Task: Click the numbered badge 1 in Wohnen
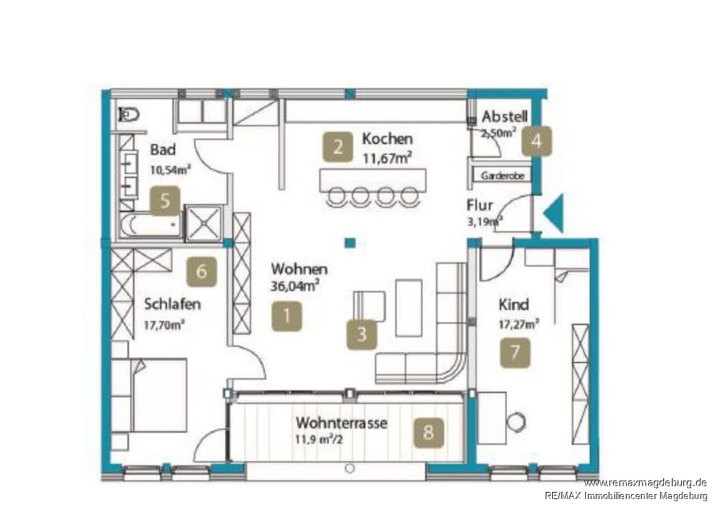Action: pos(287,316)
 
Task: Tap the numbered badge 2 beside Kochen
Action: pos(338,147)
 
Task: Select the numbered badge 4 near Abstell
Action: pos(536,141)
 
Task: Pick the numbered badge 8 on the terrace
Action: pos(428,432)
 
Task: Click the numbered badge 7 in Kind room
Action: pos(515,353)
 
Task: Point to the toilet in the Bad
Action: pos(129,114)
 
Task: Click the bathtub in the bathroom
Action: pos(150,225)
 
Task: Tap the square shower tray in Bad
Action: pos(204,222)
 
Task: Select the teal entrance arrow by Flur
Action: pos(554,213)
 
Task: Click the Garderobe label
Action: pos(503,175)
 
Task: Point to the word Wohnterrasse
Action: pos(341,422)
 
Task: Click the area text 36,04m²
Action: pos(295,286)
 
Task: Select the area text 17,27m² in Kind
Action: pos(518,324)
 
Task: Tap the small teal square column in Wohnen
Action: pos(350,243)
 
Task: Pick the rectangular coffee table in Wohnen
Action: pos(409,308)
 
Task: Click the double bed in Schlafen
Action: pos(148,395)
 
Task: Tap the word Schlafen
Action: pos(172,303)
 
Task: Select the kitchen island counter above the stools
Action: pos(373,180)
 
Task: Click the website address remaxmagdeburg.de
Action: pos(645,483)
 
